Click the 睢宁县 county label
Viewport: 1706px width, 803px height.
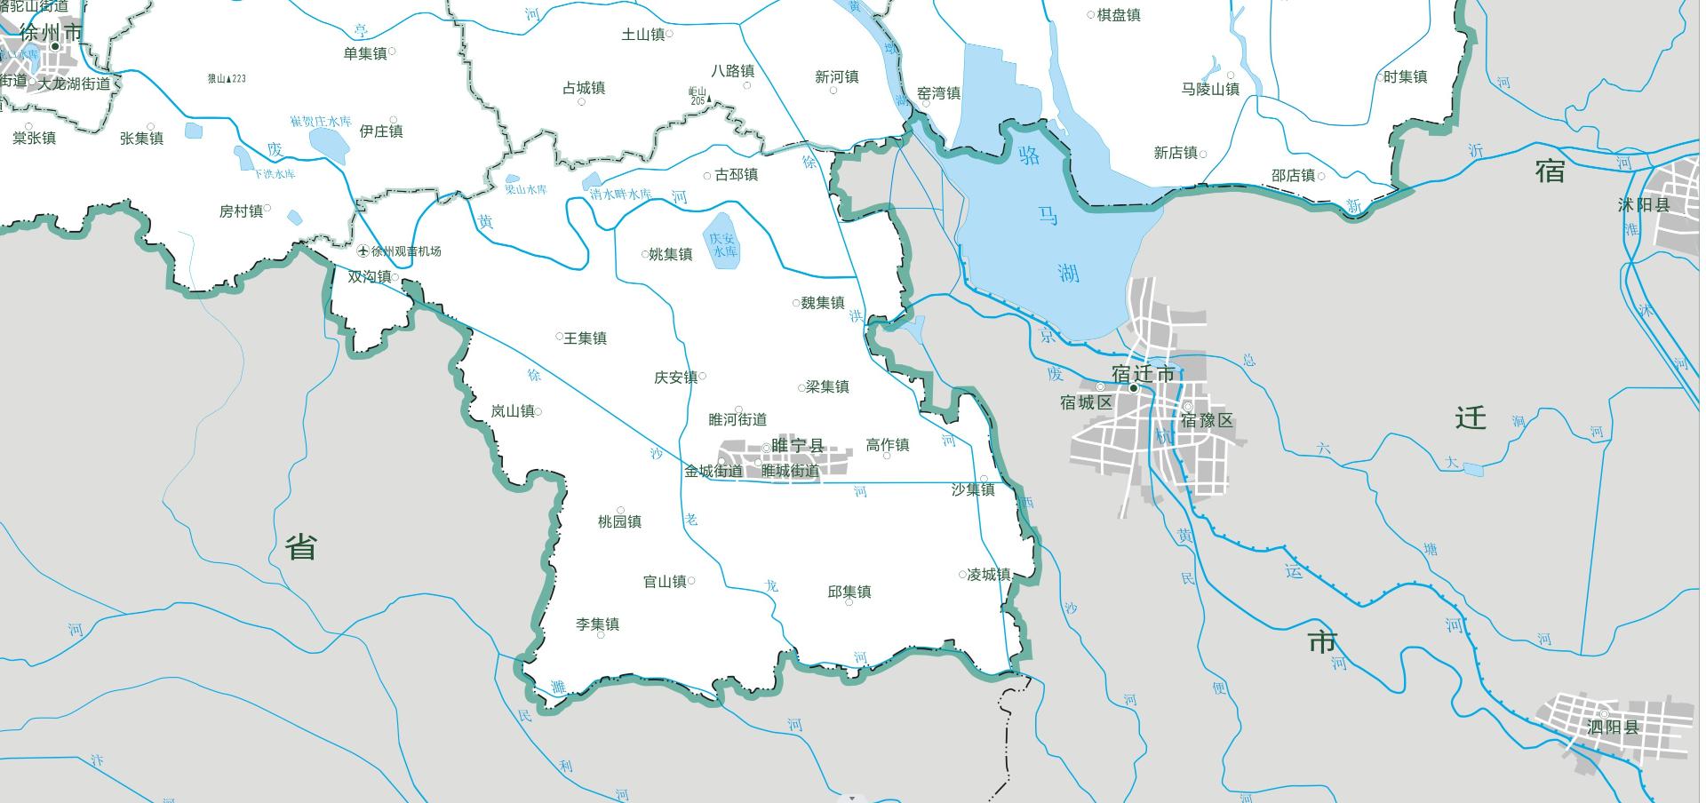798,446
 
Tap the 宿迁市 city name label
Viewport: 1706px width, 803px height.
1143,374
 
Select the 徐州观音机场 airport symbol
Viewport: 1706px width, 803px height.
363,251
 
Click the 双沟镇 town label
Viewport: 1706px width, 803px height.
369,277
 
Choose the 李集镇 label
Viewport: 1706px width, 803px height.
597,624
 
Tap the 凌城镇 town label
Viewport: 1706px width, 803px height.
989,575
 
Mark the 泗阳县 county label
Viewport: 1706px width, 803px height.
1613,727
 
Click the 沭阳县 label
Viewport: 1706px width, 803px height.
1644,205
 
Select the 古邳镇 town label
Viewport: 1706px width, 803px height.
737,175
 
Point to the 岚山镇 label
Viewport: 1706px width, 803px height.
513,411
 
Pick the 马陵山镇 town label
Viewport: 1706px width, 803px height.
1210,89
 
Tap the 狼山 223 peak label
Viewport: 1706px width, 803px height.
227,79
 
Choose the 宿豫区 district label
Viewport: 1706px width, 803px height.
1207,420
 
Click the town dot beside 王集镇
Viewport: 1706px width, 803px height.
560,337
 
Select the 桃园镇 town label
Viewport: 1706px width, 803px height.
619,521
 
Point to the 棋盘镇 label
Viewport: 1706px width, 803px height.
1119,15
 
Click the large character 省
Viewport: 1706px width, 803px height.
301,547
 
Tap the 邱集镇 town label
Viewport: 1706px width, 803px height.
849,592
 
